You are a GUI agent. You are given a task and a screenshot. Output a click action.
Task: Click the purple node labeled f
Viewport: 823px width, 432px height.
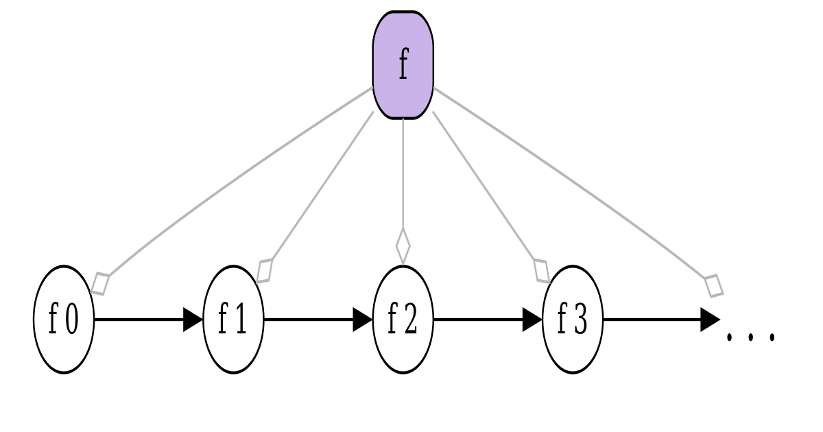tap(403, 65)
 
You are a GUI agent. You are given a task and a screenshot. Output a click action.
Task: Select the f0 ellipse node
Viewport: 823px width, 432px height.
tap(63, 320)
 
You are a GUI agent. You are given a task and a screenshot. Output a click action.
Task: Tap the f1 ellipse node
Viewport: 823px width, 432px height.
tap(234, 320)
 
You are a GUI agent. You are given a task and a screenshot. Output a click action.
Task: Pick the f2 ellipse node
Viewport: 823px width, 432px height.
tap(403, 320)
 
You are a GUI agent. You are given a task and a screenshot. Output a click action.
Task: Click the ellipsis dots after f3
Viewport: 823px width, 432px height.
tap(751, 336)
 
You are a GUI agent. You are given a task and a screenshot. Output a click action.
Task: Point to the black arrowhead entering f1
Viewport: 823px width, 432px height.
tap(194, 320)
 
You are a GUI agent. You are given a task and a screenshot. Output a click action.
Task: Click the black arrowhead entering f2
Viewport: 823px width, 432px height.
tap(363, 320)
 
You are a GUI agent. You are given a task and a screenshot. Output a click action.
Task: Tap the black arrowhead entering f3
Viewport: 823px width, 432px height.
tap(533, 320)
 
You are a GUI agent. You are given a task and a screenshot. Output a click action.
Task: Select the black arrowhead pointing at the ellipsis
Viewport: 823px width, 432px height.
tap(711, 320)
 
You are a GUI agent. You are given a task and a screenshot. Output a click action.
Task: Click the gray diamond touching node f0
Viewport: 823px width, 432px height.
tap(101, 283)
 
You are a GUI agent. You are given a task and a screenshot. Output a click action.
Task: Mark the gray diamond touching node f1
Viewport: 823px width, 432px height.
tap(264, 270)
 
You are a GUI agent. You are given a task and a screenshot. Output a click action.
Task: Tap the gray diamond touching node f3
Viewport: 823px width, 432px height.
tap(542, 270)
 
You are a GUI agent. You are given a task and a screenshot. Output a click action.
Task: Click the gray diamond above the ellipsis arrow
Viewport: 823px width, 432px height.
tap(714, 284)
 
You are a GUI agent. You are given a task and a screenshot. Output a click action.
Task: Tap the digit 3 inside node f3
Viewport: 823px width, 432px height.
tap(580, 321)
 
